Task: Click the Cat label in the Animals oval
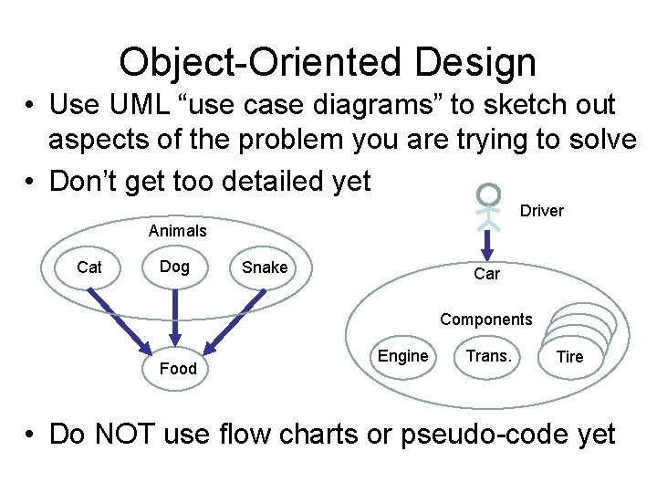tap(89, 267)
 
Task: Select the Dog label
tap(174, 267)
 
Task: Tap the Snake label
tap(265, 267)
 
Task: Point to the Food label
tap(178, 368)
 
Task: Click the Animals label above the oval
tap(178, 231)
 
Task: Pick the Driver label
tap(542, 211)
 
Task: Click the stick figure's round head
tap(490, 194)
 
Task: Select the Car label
tap(486, 274)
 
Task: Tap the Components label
tap(485, 320)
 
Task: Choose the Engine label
tap(402, 356)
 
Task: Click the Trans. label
tap(488, 356)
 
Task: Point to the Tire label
tap(569, 357)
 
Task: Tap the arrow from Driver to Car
tap(488, 242)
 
